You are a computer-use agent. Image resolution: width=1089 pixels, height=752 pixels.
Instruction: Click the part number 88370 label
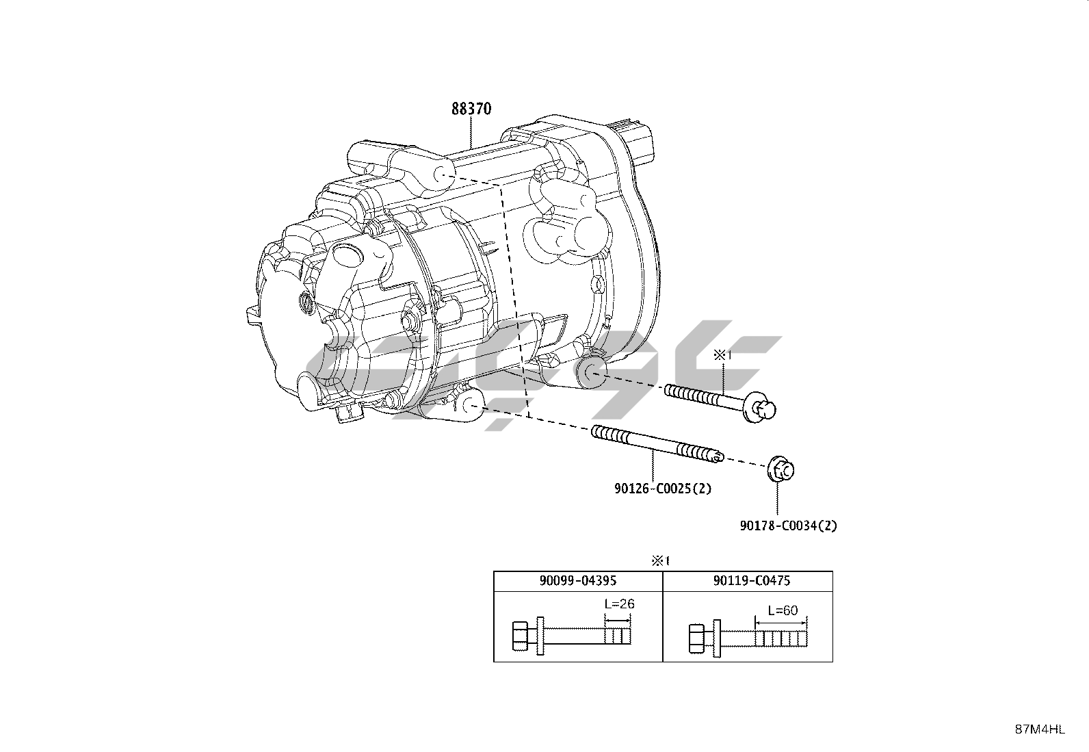(471, 109)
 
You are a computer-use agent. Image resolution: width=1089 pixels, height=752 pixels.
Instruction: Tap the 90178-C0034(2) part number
(788, 526)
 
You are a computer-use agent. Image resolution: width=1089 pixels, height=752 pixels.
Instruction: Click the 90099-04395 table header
(578, 580)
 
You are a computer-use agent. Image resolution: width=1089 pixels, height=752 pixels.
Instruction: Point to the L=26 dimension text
(619, 604)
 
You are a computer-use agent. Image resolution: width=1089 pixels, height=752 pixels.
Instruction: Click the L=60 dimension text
(782, 610)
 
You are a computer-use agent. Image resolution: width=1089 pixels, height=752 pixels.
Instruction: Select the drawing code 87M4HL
(1039, 729)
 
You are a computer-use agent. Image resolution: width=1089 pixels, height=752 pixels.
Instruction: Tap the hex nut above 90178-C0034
(780, 470)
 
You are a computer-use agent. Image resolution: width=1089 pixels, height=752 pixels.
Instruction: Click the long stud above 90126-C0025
(657, 446)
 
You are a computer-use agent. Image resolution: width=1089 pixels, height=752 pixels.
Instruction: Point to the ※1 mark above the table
(659, 560)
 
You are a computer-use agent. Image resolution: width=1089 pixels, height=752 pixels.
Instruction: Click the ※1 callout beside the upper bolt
(722, 354)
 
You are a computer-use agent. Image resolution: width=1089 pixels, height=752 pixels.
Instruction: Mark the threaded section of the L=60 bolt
(781, 639)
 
